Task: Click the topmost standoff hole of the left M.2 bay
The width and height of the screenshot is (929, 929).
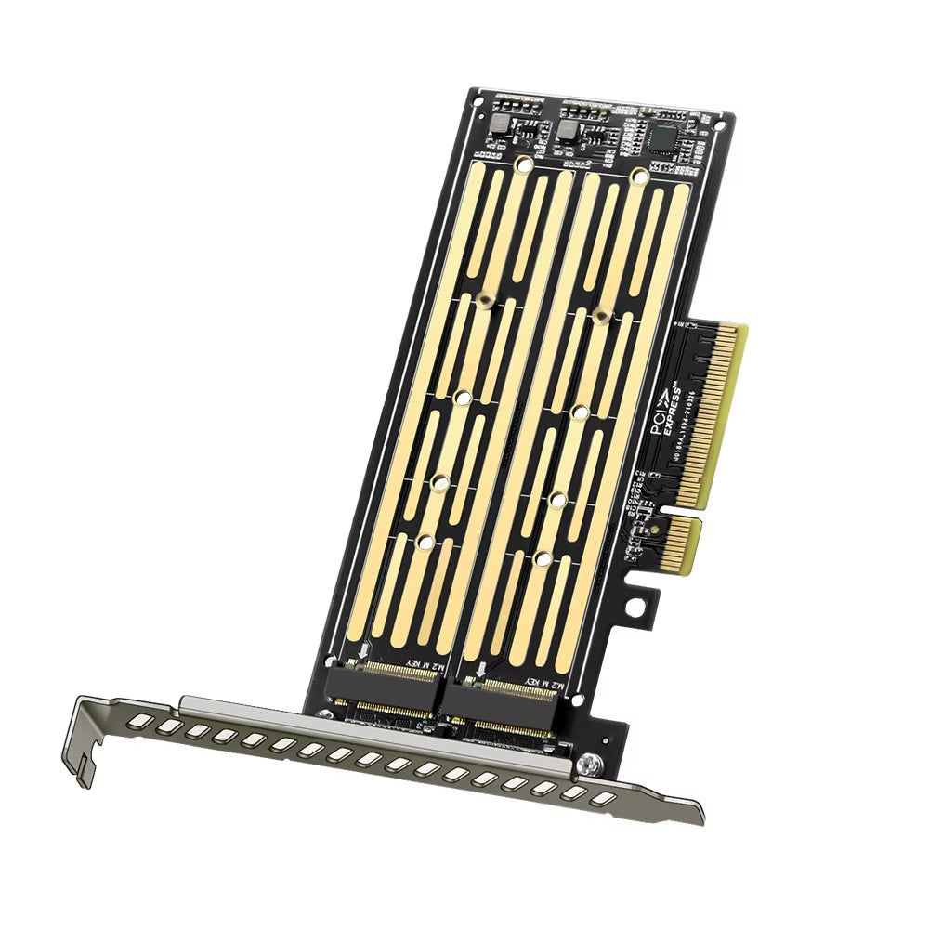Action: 524,165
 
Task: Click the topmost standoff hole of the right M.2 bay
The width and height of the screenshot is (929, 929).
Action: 638,176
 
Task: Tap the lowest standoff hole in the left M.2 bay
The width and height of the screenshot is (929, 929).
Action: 425,541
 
